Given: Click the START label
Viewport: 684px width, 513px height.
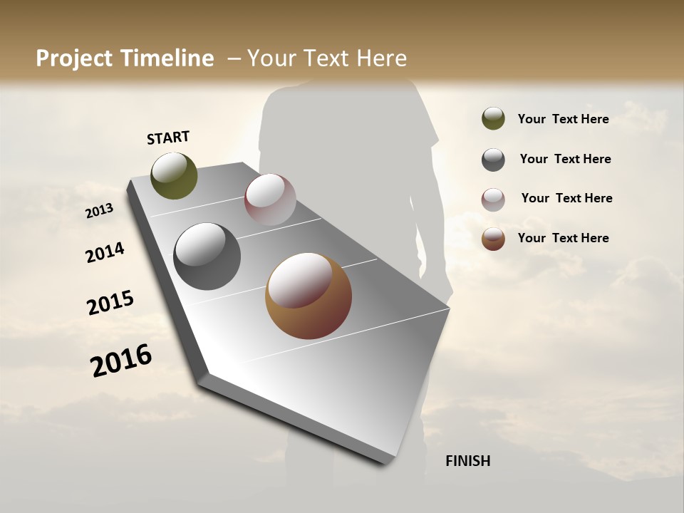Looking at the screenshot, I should pos(168,138).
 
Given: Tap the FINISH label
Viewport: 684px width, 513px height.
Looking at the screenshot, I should pos(467,461).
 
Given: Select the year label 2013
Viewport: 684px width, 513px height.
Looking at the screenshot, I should pos(99,211).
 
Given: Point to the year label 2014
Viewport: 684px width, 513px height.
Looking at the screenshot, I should pos(105,253).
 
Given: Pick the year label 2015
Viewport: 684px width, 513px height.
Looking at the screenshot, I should pos(110,303).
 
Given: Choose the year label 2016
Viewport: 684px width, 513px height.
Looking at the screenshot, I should pos(121,360).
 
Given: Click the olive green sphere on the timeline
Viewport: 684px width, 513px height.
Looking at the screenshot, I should pos(174,175).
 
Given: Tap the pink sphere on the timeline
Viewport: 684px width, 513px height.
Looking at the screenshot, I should pos(270,199).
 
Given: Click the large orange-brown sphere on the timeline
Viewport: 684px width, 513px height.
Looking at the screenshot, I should pos(309,296).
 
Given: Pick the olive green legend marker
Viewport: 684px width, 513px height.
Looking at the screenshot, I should pos(493,118).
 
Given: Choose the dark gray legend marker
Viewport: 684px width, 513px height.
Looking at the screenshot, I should pos(493,160).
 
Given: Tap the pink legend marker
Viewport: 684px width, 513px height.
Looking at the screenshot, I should pos(493,199).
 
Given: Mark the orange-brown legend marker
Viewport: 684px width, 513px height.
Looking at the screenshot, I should pos(493,239).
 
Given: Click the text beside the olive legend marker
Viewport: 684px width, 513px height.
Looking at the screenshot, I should pos(563,119).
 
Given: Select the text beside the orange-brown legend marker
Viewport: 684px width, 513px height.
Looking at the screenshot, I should pos(563,238).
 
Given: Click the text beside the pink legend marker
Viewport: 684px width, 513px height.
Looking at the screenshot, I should pos(566,198).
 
